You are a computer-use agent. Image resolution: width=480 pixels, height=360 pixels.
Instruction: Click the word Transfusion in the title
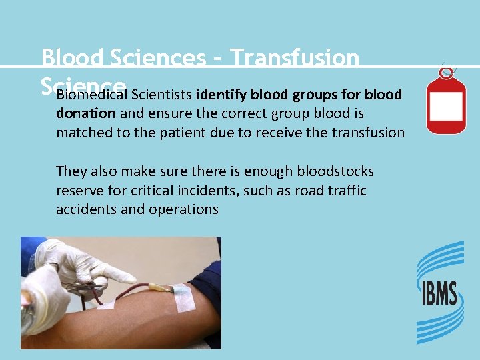pyautogui.click(x=295, y=59)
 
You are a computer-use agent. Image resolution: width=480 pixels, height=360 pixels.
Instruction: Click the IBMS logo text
pyautogui.click(x=439, y=294)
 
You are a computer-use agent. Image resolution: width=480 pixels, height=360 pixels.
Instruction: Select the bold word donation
pyautogui.click(x=85, y=113)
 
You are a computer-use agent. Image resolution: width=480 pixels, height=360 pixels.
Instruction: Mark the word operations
pyautogui.click(x=185, y=209)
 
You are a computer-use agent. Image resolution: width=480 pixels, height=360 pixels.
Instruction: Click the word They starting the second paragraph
pyautogui.click(x=71, y=172)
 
